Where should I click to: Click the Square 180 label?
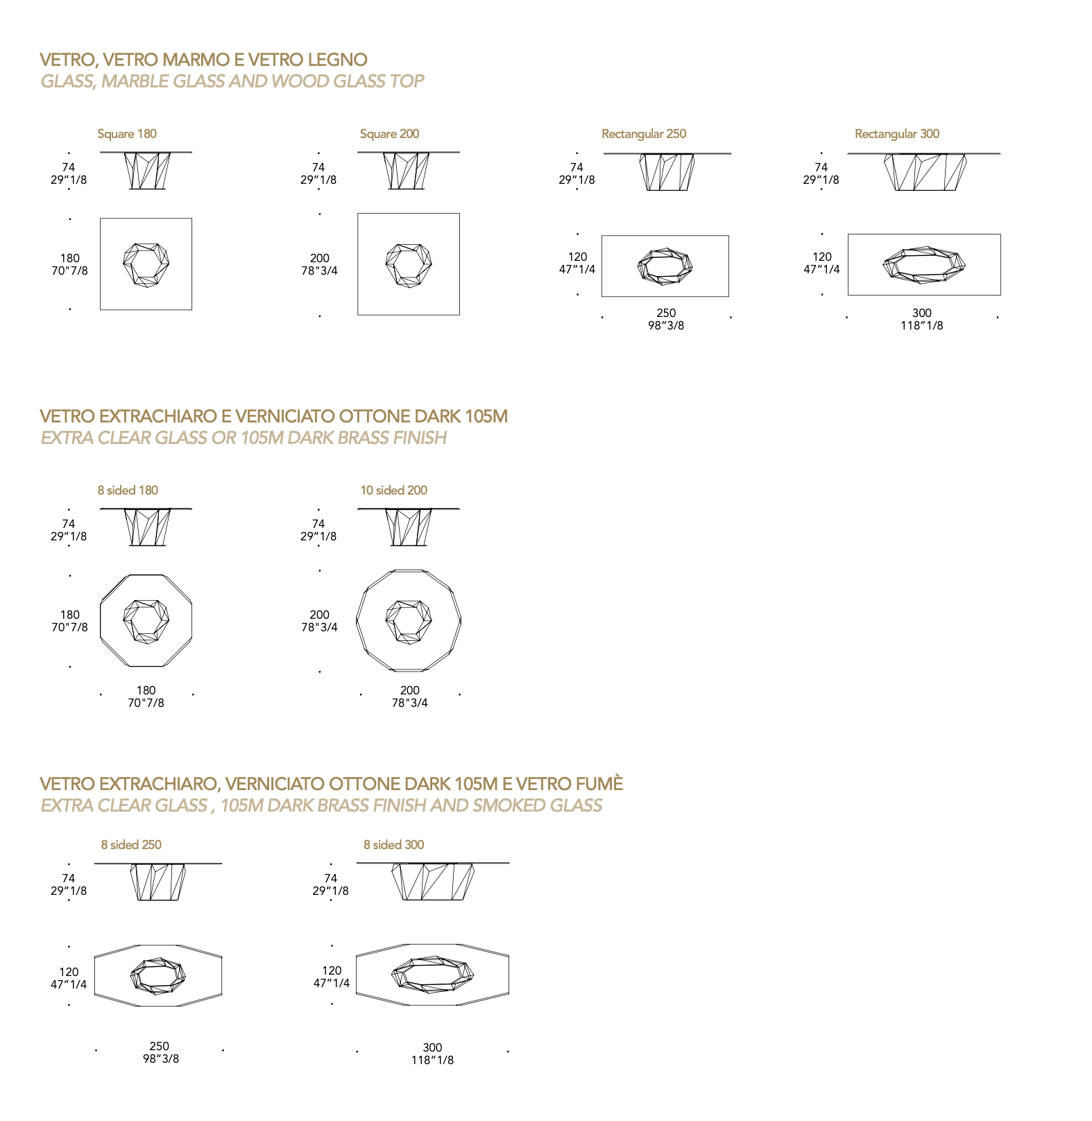click(127, 134)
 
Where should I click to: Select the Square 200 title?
click(389, 134)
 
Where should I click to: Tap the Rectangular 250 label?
click(644, 134)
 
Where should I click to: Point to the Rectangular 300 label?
click(897, 134)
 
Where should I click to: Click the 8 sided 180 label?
click(128, 490)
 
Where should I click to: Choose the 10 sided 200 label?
click(393, 490)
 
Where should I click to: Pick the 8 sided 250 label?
click(131, 845)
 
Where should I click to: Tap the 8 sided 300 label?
click(394, 845)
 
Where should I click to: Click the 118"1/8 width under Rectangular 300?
click(922, 325)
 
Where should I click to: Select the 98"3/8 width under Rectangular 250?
click(666, 325)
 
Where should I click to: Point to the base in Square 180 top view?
click(146, 264)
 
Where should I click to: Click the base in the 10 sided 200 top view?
click(409, 622)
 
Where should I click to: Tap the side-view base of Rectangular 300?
click(925, 172)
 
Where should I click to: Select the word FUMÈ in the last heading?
click(599, 784)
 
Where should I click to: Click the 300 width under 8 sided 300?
click(432, 1047)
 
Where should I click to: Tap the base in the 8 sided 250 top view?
click(158, 976)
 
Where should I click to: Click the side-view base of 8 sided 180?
click(147, 527)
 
